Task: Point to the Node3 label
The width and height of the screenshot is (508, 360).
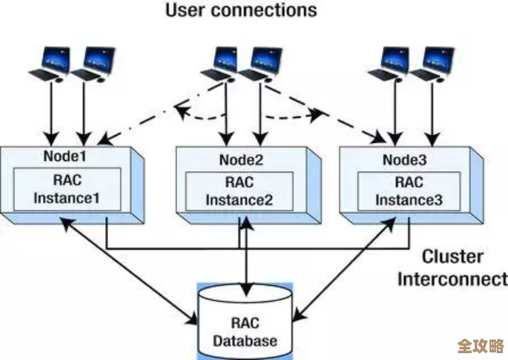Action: pos(404,160)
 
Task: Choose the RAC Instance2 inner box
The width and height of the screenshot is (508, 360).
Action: pos(240,192)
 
